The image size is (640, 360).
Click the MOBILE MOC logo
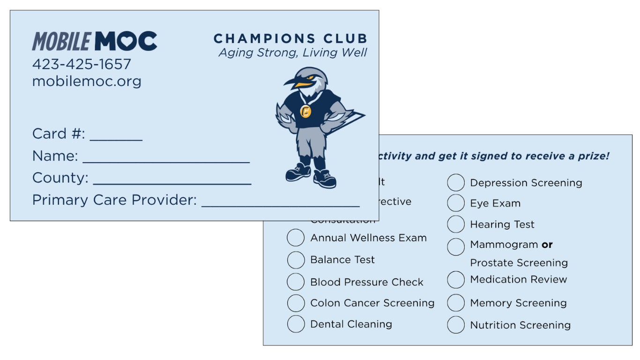(x=94, y=41)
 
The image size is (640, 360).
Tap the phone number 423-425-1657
(x=82, y=64)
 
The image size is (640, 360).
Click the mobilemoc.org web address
(x=87, y=81)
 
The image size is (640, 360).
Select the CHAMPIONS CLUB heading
(x=290, y=38)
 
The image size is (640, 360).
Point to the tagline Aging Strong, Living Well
(x=293, y=52)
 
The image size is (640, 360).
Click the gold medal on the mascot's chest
(x=305, y=111)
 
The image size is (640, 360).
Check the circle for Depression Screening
(x=455, y=183)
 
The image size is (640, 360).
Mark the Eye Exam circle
(x=455, y=203)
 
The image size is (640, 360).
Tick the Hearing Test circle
(x=455, y=225)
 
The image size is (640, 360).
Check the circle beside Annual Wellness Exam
(x=296, y=238)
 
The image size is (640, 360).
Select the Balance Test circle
(x=296, y=260)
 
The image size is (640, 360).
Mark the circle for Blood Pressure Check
(x=296, y=282)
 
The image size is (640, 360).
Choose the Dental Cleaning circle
(x=296, y=324)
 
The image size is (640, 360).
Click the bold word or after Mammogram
(x=547, y=245)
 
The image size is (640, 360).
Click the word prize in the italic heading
(x=595, y=156)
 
